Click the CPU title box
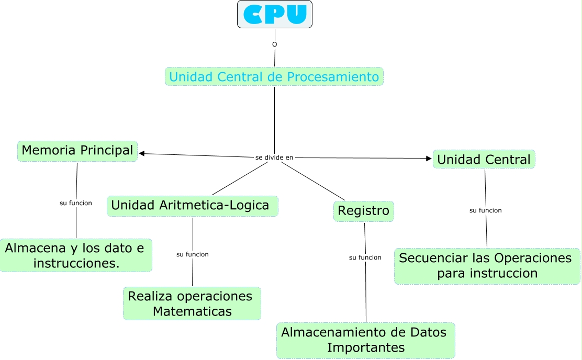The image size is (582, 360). (x=275, y=14)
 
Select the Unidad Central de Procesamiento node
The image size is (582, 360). (x=274, y=77)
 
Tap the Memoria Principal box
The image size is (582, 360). (x=77, y=151)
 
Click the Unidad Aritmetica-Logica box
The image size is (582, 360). (x=192, y=206)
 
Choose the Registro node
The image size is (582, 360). (x=364, y=211)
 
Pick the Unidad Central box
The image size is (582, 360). (x=484, y=159)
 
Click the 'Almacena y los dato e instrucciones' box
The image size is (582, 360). (x=76, y=255)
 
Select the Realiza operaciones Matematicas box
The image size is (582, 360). (x=192, y=303)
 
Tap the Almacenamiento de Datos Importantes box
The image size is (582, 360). (x=365, y=340)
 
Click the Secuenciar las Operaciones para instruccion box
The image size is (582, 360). (x=487, y=266)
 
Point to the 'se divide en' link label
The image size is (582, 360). (x=274, y=157)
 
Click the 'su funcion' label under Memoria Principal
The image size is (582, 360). (x=76, y=203)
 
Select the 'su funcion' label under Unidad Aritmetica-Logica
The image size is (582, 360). (x=193, y=254)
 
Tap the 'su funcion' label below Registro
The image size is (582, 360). (x=365, y=257)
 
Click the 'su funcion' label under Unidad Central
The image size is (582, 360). (x=486, y=210)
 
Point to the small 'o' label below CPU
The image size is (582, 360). (x=274, y=44)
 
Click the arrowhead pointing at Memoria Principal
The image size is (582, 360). (x=142, y=153)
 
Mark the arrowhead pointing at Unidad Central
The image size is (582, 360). (x=429, y=158)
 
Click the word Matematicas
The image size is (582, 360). (x=192, y=312)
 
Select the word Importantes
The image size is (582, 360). (x=365, y=347)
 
